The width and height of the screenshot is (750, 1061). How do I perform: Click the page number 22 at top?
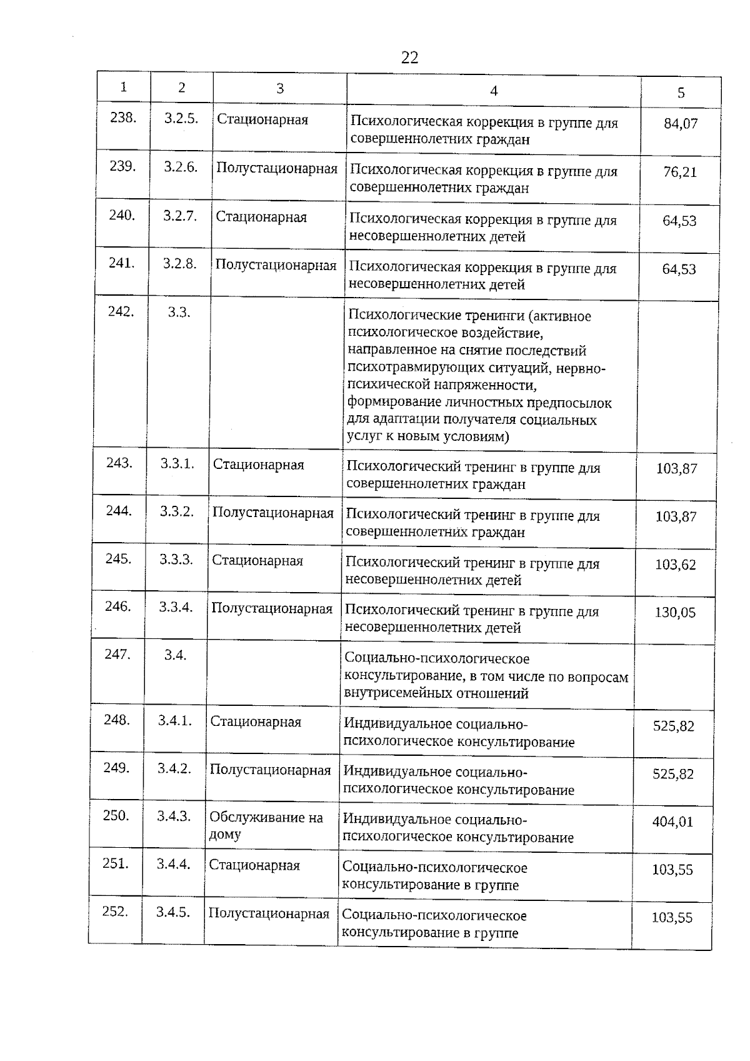tap(409, 58)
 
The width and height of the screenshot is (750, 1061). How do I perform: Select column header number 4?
tap(494, 91)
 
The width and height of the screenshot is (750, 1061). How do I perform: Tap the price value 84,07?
tap(681, 124)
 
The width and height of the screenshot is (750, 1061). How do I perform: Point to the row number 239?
tap(122, 166)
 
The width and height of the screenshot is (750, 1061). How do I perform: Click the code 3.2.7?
tap(180, 216)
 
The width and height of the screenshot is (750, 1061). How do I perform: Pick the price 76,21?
tap(680, 173)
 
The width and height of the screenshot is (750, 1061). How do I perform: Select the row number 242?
tap(121, 311)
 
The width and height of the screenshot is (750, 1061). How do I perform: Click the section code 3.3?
tap(179, 312)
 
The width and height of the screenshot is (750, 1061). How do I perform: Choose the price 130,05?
tap(675, 613)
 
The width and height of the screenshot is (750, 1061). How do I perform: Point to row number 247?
tap(117, 655)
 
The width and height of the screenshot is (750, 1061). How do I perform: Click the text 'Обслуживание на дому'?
tap(266, 825)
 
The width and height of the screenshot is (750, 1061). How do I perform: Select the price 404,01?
tap(673, 822)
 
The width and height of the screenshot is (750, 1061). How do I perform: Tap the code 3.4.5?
tap(173, 912)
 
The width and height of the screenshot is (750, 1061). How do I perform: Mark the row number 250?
tap(116, 816)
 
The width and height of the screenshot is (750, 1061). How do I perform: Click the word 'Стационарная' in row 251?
tap(254, 866)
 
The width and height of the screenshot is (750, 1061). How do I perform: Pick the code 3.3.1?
tap(177, 463)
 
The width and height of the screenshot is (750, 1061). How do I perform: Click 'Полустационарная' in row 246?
tap(272, 608)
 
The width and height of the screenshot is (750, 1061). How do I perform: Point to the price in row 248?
tap(674, 726)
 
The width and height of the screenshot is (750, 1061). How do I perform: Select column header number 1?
tap(124, 88)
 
